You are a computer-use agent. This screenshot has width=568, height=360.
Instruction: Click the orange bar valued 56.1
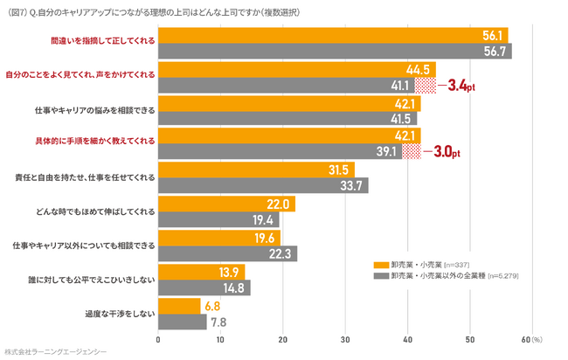coord(332,35)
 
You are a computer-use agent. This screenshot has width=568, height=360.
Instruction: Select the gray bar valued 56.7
coord(334,51)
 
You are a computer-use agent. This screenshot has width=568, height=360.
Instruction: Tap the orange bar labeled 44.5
coord(296,69)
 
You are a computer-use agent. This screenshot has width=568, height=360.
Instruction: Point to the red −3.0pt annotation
coord(440,152)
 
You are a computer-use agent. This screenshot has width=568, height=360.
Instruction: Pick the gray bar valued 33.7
coord(262,185)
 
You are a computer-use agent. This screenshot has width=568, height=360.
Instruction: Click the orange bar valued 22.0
coord(226,204)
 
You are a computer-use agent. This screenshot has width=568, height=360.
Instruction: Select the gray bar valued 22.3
coord(227,253)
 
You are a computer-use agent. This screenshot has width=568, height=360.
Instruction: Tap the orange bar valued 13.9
coord(201,271)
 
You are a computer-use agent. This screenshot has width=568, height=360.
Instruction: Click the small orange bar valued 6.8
coord(179,305)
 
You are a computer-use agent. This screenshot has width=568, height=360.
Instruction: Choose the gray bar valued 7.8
coord(182,321)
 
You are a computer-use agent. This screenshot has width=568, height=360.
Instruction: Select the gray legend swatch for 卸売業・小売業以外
coord(380,275)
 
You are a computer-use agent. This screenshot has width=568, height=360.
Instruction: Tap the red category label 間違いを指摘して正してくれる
coord(103,42)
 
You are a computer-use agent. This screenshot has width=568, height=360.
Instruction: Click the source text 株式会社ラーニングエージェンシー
coord(55,351)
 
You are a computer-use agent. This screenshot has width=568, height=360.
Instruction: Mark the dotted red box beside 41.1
coord(425,86)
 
